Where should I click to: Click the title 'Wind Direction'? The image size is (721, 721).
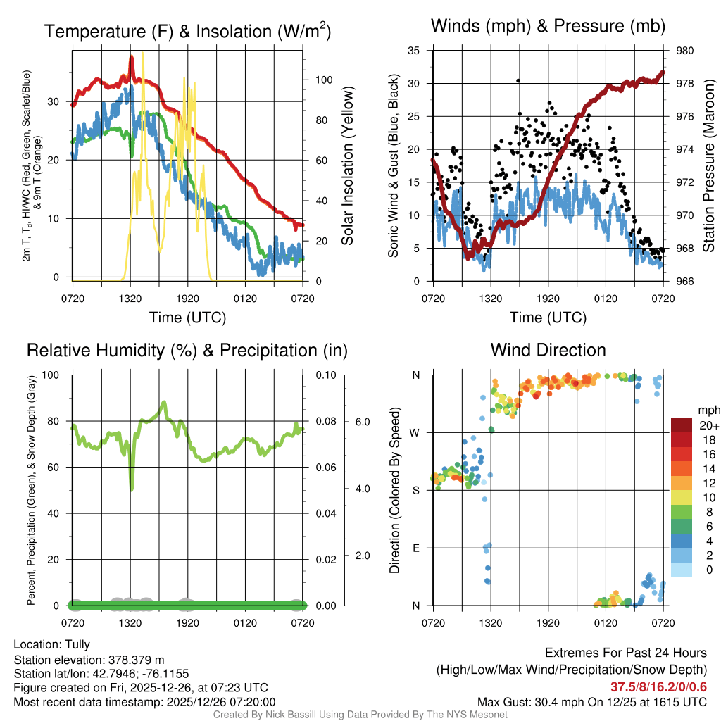[548, 350]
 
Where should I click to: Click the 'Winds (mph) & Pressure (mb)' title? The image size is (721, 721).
[548, 27]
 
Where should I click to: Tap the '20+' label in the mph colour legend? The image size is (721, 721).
[708, 425]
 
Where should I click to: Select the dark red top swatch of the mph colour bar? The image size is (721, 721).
[682, 425]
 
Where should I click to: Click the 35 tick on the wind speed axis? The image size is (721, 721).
[414, 51]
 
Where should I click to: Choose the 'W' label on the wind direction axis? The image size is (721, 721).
[416, 432]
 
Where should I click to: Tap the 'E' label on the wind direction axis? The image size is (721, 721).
[417, 547]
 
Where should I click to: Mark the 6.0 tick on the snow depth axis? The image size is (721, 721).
[361, 421]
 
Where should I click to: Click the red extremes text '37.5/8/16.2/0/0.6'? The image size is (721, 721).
[658, 686]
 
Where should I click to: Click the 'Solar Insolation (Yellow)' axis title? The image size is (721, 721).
[347, 165]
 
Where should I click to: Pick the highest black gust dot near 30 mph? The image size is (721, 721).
[518, 81]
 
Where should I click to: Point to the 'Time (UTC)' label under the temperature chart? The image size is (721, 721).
[187, 318]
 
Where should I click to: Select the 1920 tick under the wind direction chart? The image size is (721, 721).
[548, 622]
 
